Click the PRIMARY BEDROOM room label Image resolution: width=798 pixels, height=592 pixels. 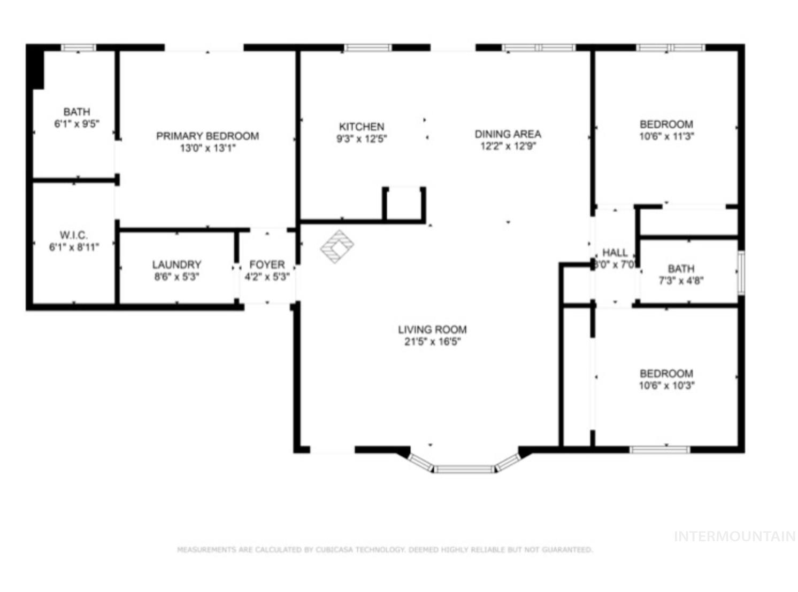[x=208, y=136]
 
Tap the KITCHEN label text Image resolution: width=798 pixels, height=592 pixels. [x=362, y=127]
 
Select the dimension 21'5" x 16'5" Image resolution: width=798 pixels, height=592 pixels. [x=432, y=342]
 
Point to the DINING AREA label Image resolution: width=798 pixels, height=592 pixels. [x=508, y=134]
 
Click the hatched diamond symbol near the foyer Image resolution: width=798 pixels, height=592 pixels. [x=337, y=246]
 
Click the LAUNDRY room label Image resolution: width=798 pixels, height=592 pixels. [x=177, y=264]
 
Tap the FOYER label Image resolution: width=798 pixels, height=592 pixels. [x=267, y=264]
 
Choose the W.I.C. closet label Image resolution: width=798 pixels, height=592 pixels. [x=74, y=235]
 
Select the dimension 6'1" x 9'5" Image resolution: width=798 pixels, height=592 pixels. [x=76, y=124]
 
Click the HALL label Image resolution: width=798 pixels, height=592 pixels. [x=615, y=252]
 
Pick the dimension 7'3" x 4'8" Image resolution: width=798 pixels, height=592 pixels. [x=681, y=281]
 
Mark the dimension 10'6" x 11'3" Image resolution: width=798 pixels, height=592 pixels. [x=666, y=136]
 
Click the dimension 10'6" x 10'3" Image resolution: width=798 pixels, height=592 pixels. [x=666, y=385]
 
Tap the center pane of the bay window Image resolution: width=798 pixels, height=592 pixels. [x=464, y=469]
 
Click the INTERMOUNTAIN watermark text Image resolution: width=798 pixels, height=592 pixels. [x=734, y=536]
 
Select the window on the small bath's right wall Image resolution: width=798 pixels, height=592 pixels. [x=741, y=272]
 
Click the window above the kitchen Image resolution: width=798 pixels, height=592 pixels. [x=367, y=48]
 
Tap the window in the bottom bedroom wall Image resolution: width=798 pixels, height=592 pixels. [x=660, y=450]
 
